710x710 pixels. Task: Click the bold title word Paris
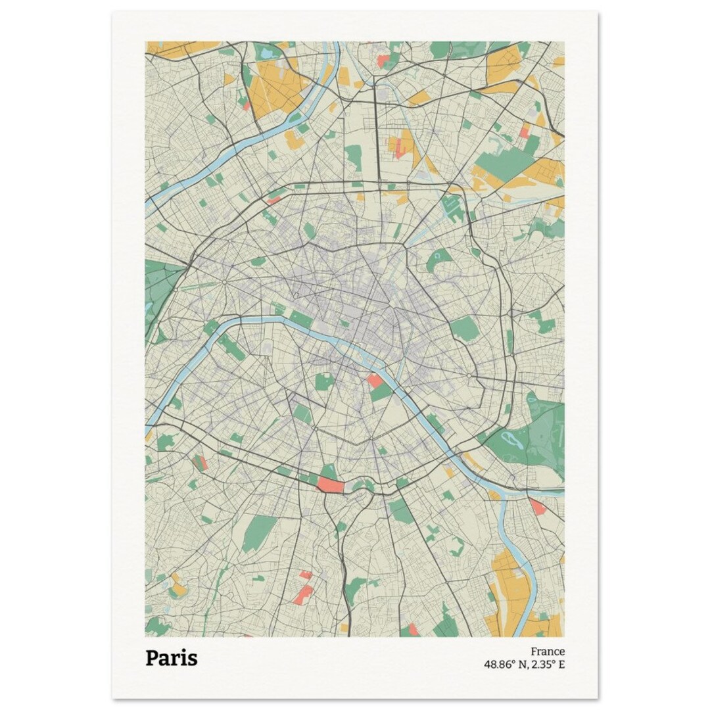point(171,658)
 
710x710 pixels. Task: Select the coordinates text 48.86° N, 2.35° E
point(524,664)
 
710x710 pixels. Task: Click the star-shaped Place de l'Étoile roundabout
point(224,283)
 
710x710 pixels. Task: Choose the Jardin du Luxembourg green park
point(323,381)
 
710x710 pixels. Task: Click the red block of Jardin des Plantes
point(375,381)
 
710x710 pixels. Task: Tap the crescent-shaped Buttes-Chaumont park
point(438,260)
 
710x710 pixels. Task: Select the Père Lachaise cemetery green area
point(464,328)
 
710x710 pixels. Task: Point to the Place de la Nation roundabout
point(469,376)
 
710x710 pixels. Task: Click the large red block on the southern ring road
point(331,486)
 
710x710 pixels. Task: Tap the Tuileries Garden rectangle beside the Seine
point(300,319)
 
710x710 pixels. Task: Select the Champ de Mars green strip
point(231,346)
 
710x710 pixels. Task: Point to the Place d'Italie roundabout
point(371,437)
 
